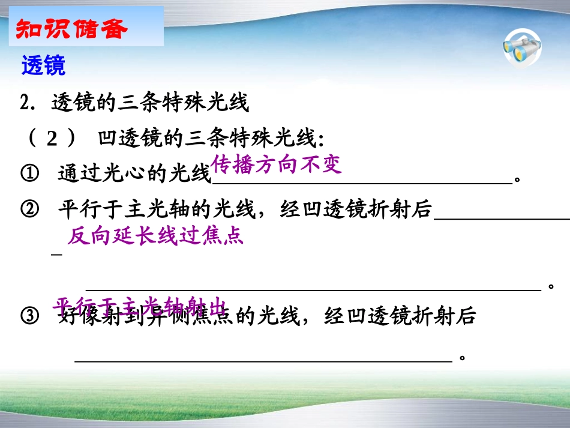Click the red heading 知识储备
tap(71, 28)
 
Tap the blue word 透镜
tap(43, 65)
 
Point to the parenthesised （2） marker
tap(52, 139)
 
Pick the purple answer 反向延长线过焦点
tap(155, 236)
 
